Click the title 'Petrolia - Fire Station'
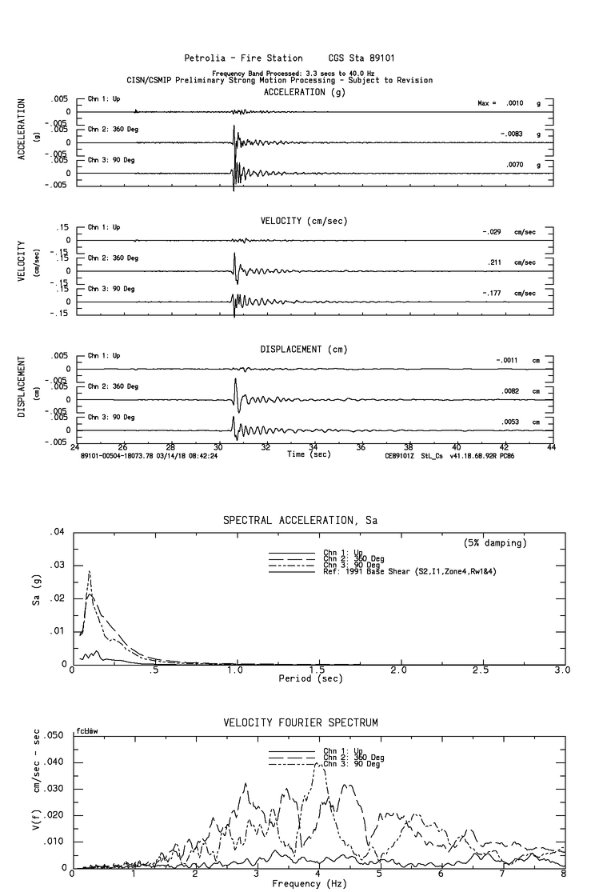(243, 58)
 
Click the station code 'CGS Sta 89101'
(361, 58)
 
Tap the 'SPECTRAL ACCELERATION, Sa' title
(300, 520)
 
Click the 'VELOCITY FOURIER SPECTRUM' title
(300, 722)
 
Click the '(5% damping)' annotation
(495, 543)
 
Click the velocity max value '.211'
(493, 262)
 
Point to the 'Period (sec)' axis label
(310, 678)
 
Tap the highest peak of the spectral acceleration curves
(90, 571)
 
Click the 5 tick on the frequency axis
(381, 875)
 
